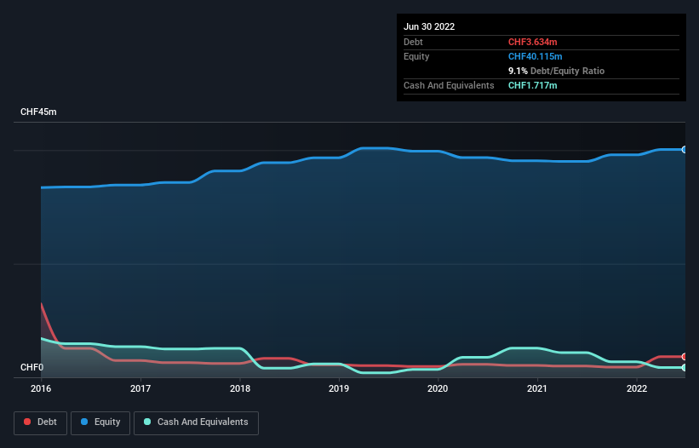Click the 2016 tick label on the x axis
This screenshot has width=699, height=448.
pyautogui.click(x=42, y=388)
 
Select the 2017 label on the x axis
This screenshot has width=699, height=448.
pyautogui.click(x=140, y=388)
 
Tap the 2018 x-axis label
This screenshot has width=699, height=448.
pyautogui.click(x=240, y=388)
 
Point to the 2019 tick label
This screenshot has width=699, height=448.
pyautogui.click(x=339, y=388)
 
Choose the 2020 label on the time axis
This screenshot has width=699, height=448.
pyautogui.click(x=438, y=388)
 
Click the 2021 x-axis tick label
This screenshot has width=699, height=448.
pyautogui.click(x=537, y=388)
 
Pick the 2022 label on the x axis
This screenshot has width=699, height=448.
pyautogui.click(x=636, y=388)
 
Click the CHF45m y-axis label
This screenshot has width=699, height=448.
pyautogui.click(x=38, y=112)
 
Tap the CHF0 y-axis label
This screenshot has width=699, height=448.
pyautogui.click(x=32, y=368)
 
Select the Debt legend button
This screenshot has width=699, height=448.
pyautogui.click(x=42, y=422)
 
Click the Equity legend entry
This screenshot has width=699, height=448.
pyautogui.click(x=100, y=422)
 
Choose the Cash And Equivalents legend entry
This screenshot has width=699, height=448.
pyautogui.click(x=196, y=422)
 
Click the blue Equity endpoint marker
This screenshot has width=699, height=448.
pyautogui.click(x=684, y=149)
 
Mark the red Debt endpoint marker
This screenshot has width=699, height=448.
pyautogui.click(x=684, y=356)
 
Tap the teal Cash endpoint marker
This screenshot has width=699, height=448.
pyautogui.click(x=684, y=367)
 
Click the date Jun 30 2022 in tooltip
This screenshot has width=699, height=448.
pyautogui.click(x=429, y=26)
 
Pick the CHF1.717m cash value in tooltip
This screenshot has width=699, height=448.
pyautogui.click(x=532, y=85)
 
